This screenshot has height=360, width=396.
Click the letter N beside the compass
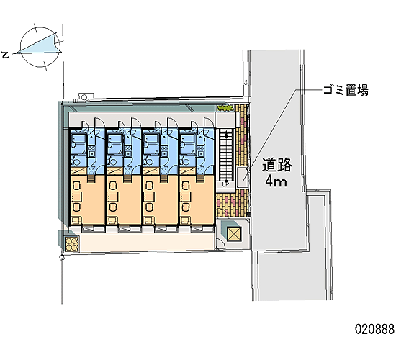point(6,55)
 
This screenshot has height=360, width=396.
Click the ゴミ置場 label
point(346,90)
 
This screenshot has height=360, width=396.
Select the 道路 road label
point(276,165)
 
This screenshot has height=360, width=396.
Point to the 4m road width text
point(276,181)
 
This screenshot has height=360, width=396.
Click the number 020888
point(375,329)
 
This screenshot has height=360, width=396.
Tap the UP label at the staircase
point(225,184)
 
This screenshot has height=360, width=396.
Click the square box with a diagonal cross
point(235,234)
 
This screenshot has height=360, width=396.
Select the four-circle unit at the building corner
point(72,244)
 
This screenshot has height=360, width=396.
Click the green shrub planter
point(225,108)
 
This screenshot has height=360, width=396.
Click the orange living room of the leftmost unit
point(87,199)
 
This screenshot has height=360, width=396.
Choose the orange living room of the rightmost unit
point(197,199)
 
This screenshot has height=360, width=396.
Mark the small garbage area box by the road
point(243,177)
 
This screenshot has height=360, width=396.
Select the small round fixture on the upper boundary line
point(84,96)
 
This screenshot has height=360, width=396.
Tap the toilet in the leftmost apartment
point(76,160)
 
